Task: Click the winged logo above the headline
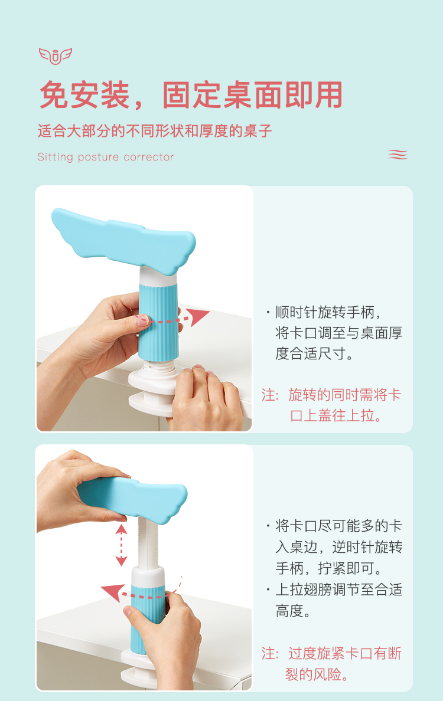56,56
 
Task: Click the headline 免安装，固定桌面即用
191,95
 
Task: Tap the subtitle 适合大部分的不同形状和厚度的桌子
155,131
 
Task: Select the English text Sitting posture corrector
106,157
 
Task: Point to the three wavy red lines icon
398,154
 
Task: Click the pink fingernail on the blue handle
143,320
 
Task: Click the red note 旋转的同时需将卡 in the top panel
344,395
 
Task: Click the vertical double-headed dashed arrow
121,545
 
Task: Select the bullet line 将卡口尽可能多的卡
338,526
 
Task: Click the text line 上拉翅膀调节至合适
338,589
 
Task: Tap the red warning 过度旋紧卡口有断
344,653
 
